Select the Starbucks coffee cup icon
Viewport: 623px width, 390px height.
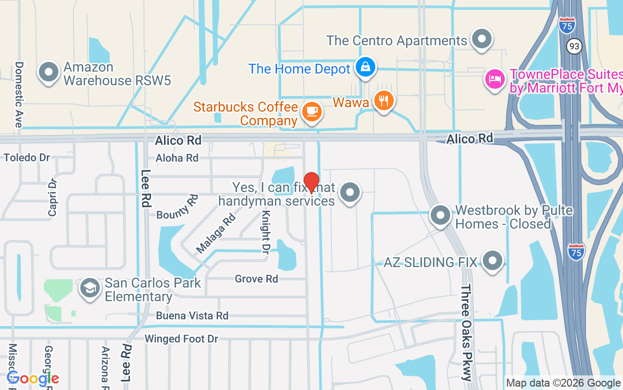point(311,112)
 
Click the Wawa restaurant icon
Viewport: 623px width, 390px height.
point(384,101)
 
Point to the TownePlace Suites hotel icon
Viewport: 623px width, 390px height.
point(495,78)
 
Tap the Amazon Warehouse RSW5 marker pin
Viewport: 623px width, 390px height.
point(49,72)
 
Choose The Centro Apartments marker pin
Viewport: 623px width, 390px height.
point(482,39)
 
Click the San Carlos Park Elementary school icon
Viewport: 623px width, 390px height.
point(90,288)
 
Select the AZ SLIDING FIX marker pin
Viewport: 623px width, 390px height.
point(493,260)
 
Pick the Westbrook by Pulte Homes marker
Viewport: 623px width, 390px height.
point(440,215)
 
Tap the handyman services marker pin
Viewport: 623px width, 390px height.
point(350,192)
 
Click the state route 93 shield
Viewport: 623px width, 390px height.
point(575,46)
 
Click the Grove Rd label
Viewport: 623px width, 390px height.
point(256,279)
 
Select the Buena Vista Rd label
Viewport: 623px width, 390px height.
point(192,315)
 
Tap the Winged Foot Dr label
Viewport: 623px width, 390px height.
point(181,338)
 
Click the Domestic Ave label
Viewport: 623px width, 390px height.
point(19,95)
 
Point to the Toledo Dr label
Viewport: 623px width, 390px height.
point(27,157)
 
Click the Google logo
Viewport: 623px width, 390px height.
point(33,378)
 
